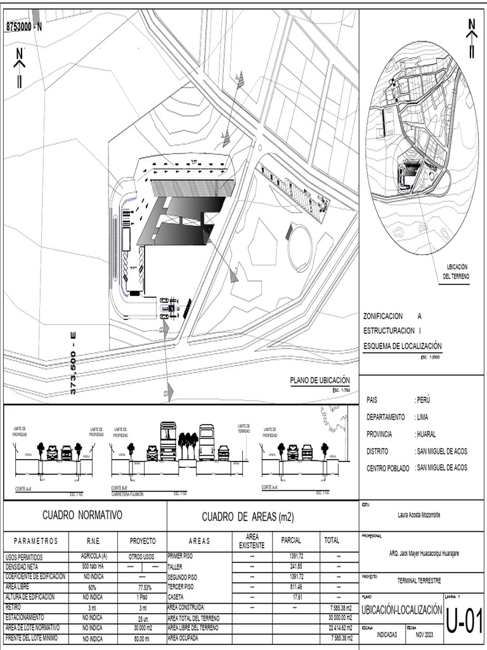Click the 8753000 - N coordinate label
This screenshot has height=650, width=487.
[x=23, y=26]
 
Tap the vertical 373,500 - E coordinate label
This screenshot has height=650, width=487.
[x=73, y=362]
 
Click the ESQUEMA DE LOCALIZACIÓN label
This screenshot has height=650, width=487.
[x=402, y=347]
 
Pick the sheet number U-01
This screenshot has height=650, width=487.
[x=465, y=622]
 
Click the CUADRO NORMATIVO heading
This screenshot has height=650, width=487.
[x=82, y=515]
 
